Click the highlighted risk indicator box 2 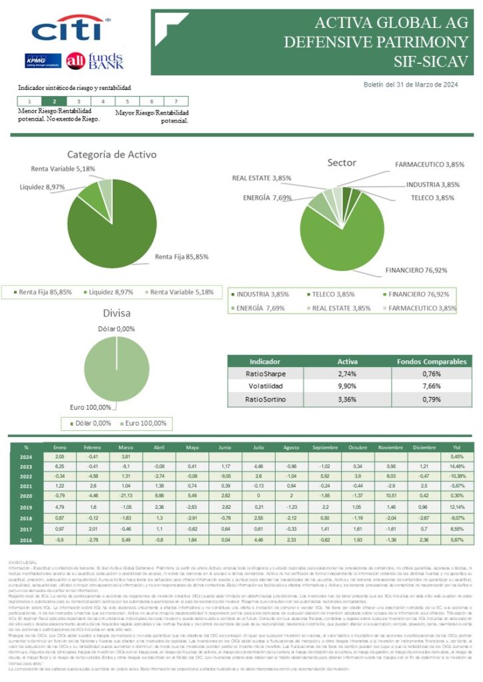click(54, 101)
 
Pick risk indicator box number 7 click(175, 101)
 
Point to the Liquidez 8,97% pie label click(42, 187)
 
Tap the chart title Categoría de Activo click(112, 155)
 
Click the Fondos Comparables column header click(431, 362)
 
